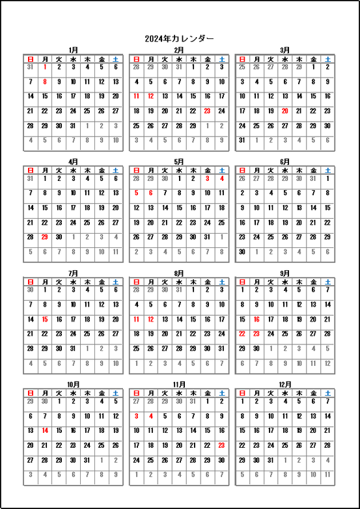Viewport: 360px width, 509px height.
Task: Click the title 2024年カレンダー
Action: (x=179, y=38)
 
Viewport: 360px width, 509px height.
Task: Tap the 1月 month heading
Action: (x=73, y=50)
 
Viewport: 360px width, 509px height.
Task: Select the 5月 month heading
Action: (x=179, y=161)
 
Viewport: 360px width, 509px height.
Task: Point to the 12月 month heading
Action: (x=284, y=385)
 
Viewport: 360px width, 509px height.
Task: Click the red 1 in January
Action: (x=45, y=67)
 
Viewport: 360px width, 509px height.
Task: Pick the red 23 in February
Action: (x=207, y=111)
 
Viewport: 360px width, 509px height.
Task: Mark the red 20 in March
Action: (x=284, y=111)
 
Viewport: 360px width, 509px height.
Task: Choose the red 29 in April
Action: (x=45, y=237)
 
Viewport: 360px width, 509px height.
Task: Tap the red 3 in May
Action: (x=207, y=178)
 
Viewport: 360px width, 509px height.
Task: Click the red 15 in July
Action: (x=45, y=320)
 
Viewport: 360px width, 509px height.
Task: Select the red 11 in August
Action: (x=136, y=320)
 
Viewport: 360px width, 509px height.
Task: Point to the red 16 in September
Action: (x=256, y=320)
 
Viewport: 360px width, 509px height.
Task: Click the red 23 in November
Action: (x=221, y=445)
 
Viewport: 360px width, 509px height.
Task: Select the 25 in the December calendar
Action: (x=284, y=445)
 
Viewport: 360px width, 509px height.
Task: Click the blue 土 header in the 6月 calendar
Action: (x=327, y=169)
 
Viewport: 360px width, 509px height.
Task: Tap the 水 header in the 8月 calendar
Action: (x=178, y=281)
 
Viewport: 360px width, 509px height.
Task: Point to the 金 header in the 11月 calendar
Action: (x=207, y=393)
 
